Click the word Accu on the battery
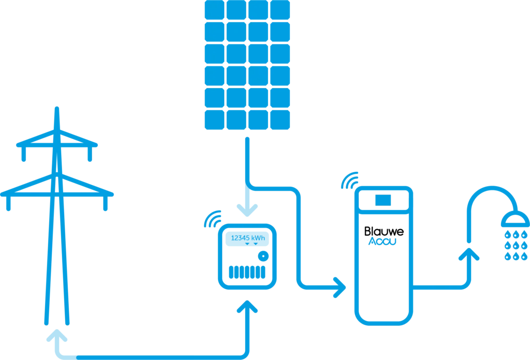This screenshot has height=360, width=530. pos(382,242)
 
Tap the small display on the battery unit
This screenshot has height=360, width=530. pos(382,199)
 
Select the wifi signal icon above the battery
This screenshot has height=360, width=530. pos(350,179)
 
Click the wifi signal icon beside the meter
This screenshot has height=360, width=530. pos(213,219)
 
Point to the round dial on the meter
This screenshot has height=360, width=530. pos(263,256)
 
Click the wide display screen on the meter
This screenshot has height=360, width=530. pos(247,239)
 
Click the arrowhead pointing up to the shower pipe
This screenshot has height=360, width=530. pos(468,254)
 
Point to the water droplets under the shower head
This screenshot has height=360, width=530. pos(516,245)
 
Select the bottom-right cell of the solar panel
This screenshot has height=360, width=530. pos(280,119)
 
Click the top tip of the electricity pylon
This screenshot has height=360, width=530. pos(57,109)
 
